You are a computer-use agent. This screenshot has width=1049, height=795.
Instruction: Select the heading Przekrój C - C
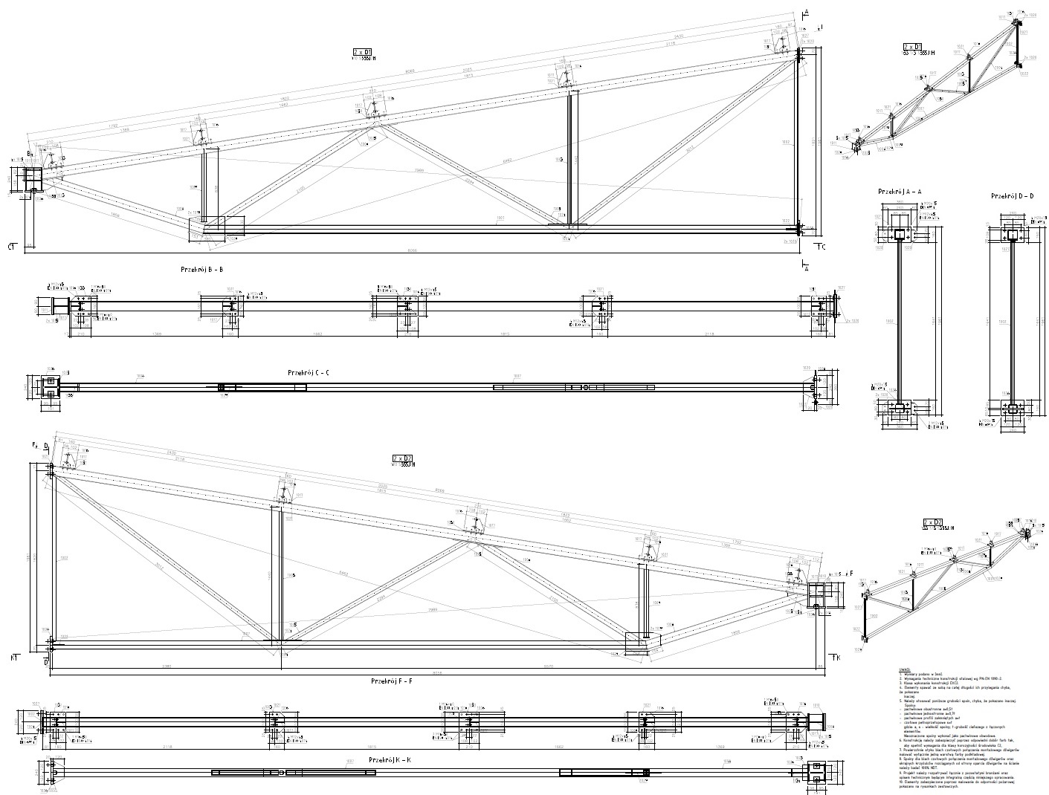pyautogui.click(x=308, y=371)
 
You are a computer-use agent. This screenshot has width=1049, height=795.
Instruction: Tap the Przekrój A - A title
pyautogui.click(x=900, y=192)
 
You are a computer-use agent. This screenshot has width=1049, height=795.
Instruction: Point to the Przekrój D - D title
pyautogui.click(x=1013, y=195)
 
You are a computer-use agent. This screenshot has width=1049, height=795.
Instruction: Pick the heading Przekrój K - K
pyautogui.click(x=390, y=760)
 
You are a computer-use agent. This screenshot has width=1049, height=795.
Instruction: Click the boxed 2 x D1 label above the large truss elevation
pyautogui.click(x=363, y=51)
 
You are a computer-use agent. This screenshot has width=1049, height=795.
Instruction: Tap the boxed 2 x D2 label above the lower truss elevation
pyautogui.click(x=402, y=459)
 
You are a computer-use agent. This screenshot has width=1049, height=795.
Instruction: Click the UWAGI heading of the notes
pyautogui.click(x=905, y=669)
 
